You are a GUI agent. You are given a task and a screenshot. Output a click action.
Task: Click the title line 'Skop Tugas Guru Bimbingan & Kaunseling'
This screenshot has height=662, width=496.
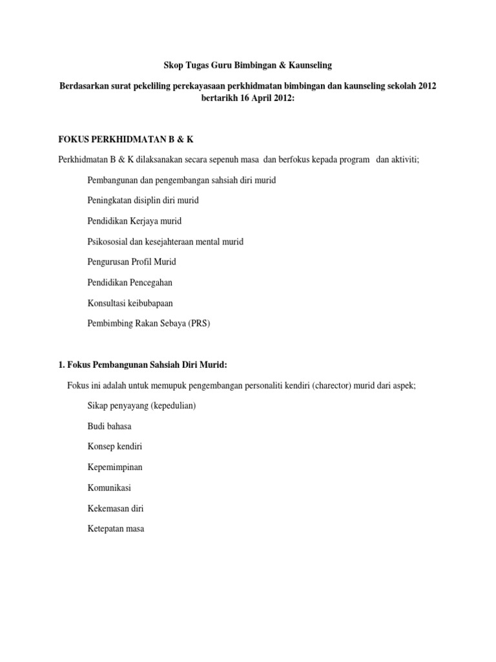pyautogui.click(x=248, y=65)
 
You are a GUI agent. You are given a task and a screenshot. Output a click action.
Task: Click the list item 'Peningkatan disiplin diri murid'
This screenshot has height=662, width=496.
pyautogui.click(x=143, y=200)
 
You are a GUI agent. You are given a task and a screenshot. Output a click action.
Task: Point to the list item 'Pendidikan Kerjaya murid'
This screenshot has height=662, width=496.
pyautogui.click(x=134, y=221)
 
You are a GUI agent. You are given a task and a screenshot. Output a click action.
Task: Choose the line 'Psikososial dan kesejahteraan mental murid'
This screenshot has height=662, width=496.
pyautogui.click(x=165, y=242)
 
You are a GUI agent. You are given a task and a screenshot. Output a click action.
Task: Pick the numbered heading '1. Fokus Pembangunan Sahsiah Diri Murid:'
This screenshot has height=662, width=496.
pyautogui.click(x=143, y=365)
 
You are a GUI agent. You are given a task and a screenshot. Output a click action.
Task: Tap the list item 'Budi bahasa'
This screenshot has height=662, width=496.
pyautogui.click(x=109, y=427)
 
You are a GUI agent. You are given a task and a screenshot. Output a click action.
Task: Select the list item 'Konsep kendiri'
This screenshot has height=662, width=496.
pyautogui.click(x=115, y=447)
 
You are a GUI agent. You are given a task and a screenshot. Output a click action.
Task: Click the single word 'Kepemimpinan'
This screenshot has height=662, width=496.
pyautogui.click(x=115, y=467)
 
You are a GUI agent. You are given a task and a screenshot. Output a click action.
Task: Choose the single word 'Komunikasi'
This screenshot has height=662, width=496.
pyautogui.click(x=109, y=488)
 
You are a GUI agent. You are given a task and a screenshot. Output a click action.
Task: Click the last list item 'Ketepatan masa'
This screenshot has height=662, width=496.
pyautogui.click(x=116, y=529)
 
